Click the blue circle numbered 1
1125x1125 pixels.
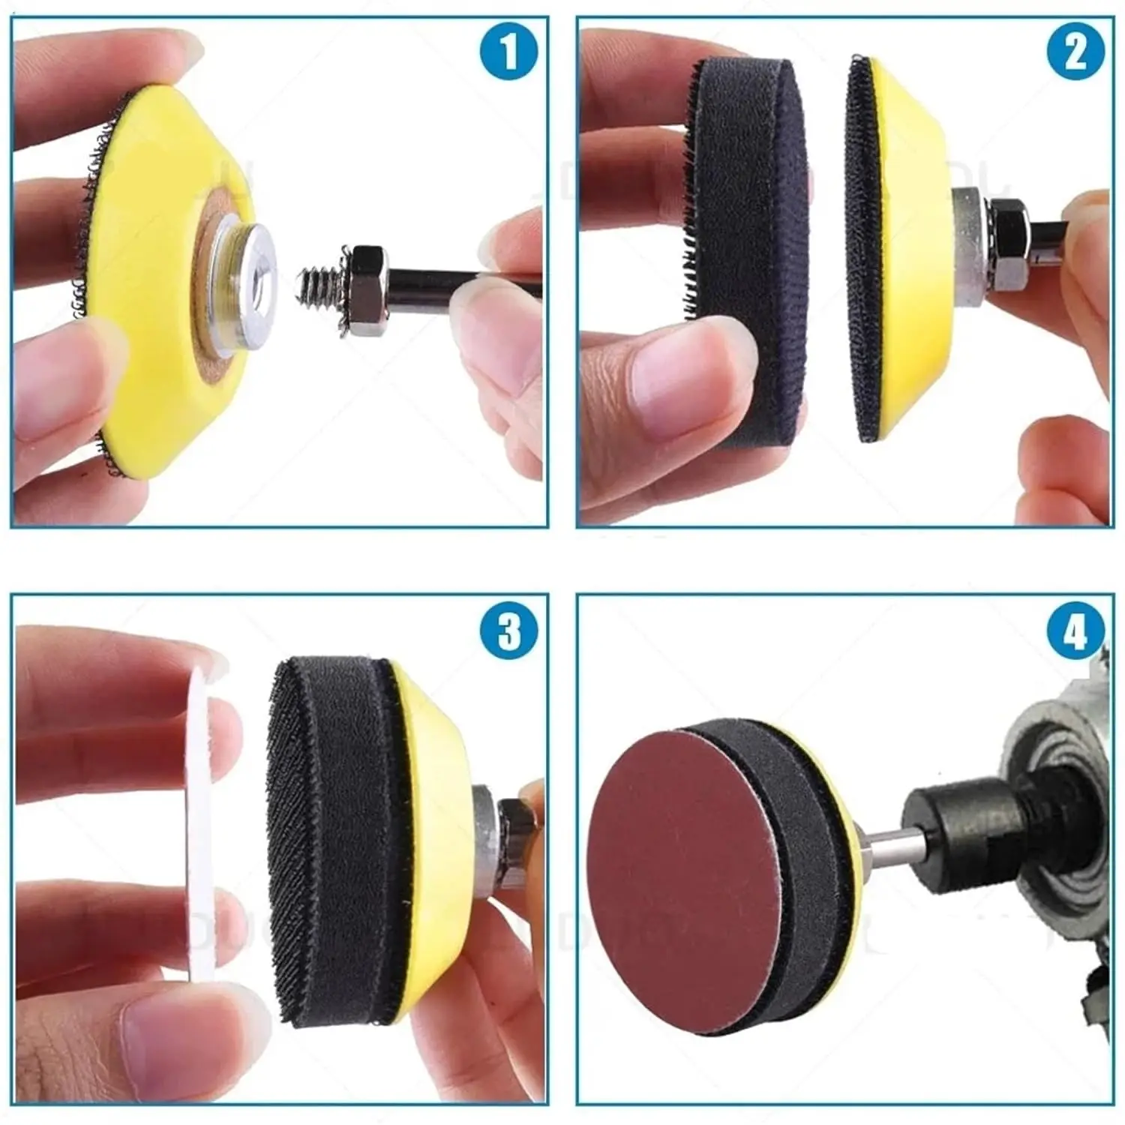(509, 51)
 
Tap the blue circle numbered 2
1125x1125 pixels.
(1075, 51)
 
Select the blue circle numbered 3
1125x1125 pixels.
(509, 628)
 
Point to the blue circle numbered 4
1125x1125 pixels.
(1075, 628)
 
